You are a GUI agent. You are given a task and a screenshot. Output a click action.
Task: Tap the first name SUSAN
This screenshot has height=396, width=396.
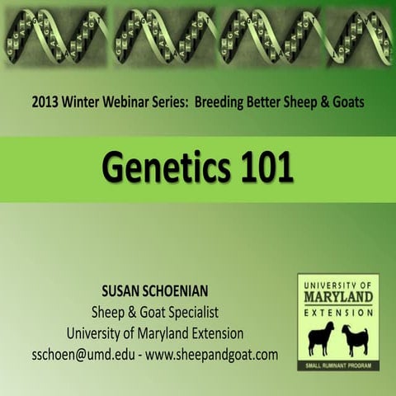pos(125,292)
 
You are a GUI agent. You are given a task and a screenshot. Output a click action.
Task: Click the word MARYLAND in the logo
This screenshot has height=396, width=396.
pos(337,295)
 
